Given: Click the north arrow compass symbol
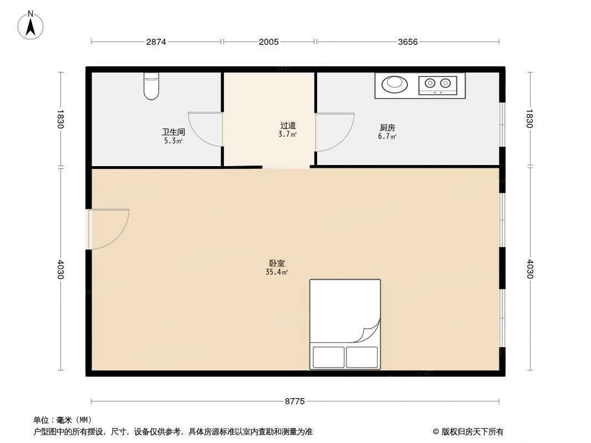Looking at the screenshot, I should pos(31,24).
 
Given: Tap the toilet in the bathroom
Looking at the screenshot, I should pos(151,86).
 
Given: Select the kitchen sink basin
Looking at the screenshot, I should pos(395,84).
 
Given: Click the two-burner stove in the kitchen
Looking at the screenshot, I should pos(437,84).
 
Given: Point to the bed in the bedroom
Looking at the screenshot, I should pos(345,324).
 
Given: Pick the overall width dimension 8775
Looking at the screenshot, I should pos(295,401).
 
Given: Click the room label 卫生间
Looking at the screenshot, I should pos(173,132).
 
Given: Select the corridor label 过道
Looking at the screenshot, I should pos(288,126).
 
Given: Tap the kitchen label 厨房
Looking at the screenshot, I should pos(387,128).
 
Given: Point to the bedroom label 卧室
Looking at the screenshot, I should pos(277,264).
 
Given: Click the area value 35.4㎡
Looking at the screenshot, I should pos(277,272).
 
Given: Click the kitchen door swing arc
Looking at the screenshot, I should pos(335,132).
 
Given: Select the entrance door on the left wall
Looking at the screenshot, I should pos(108,229).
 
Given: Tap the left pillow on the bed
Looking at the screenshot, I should pos(329,357).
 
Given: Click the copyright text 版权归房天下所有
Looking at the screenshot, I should pos(468,432).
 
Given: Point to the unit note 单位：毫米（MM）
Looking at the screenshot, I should pos(63,420).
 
